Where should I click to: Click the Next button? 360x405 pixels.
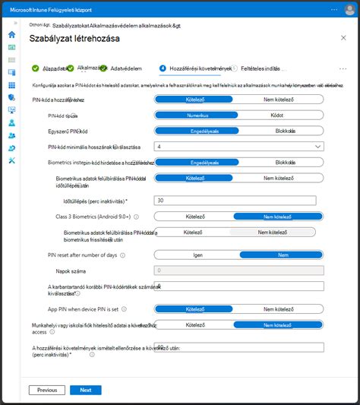point(86,390)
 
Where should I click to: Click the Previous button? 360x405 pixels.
point(47,390)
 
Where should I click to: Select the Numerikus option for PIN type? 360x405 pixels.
point(197,115)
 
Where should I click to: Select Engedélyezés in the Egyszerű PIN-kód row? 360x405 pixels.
point(197,131)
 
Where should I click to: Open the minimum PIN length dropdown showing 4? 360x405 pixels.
point(239,147)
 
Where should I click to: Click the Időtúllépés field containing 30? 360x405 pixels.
point(239,200)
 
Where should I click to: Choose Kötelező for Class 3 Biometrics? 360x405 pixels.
point(197,217)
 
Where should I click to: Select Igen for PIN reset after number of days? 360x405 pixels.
point(197,255)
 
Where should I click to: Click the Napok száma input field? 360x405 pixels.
point(239,270)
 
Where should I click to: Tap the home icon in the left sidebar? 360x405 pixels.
point(11,35)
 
